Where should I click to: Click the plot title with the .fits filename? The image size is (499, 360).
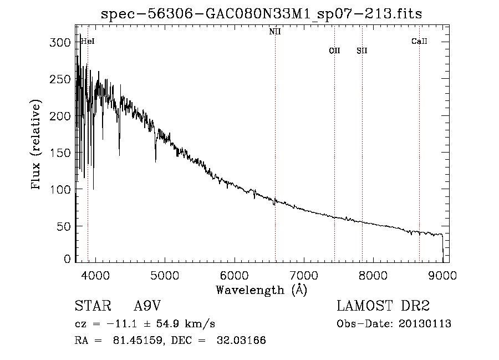(261, 14)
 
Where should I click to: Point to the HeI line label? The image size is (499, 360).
(88, 42)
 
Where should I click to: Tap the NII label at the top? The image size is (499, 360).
(275, 32)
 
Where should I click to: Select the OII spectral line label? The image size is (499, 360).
(334, 50)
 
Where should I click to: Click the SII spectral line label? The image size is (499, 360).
(362, 50)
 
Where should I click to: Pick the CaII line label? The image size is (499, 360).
(419, 41)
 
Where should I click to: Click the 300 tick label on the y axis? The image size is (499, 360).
(60, 42)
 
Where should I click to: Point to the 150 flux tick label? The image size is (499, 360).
(60, 153)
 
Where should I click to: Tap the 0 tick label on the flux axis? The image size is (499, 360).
(67, 258)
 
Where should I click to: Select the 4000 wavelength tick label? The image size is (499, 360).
(95, 276)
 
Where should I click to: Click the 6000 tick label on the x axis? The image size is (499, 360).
(235, 276)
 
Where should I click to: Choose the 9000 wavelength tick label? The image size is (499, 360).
(442, 276)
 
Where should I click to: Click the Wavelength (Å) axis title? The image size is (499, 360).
(262, 290)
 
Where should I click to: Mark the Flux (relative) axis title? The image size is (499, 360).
(35, 145)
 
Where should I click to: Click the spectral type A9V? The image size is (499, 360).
(147, 306)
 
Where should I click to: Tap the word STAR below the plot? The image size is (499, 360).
(93, 306)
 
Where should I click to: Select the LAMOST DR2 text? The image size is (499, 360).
(383, 306)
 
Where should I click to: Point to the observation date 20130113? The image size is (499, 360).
(425, 324)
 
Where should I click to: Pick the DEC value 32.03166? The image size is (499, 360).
(241, 340)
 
